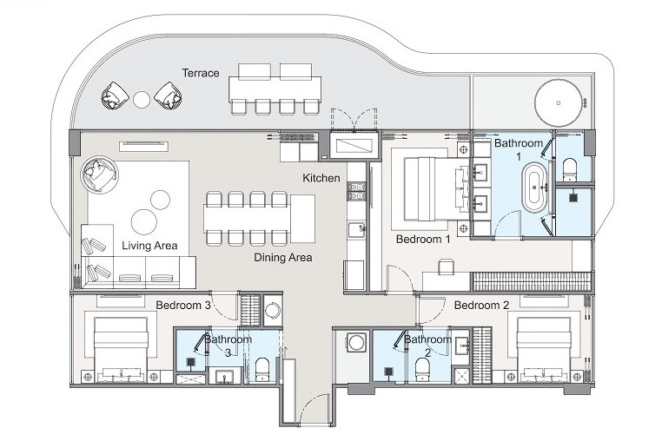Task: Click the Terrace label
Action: [201, 73]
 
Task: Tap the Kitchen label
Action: [321, 178]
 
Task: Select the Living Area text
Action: [149, 246]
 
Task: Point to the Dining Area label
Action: [283, 258]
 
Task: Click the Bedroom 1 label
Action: [423, 240]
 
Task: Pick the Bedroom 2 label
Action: [481, 305]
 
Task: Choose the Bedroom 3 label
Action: [183, 305]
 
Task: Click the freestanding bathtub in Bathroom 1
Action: [534, 187]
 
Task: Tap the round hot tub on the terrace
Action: [558, 102]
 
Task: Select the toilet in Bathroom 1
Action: [570, 169]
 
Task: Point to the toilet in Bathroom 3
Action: [262, 370]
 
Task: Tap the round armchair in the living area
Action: [99, 175]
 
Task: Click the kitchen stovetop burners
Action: [356, 191]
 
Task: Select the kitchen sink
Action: [357, 229]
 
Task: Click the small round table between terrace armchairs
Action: [142, 99]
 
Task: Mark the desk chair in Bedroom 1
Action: [447, 267]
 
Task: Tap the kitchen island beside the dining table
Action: [302, 219]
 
